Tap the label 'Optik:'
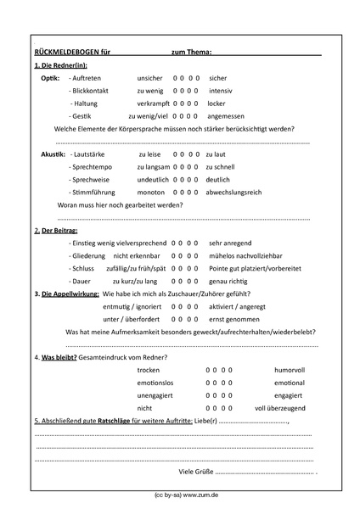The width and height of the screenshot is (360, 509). coord(50,77)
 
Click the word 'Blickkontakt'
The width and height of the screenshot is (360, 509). coord(91,90)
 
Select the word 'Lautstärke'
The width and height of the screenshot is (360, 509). coord(92,154)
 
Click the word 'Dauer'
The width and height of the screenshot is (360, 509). coord(82,280)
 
